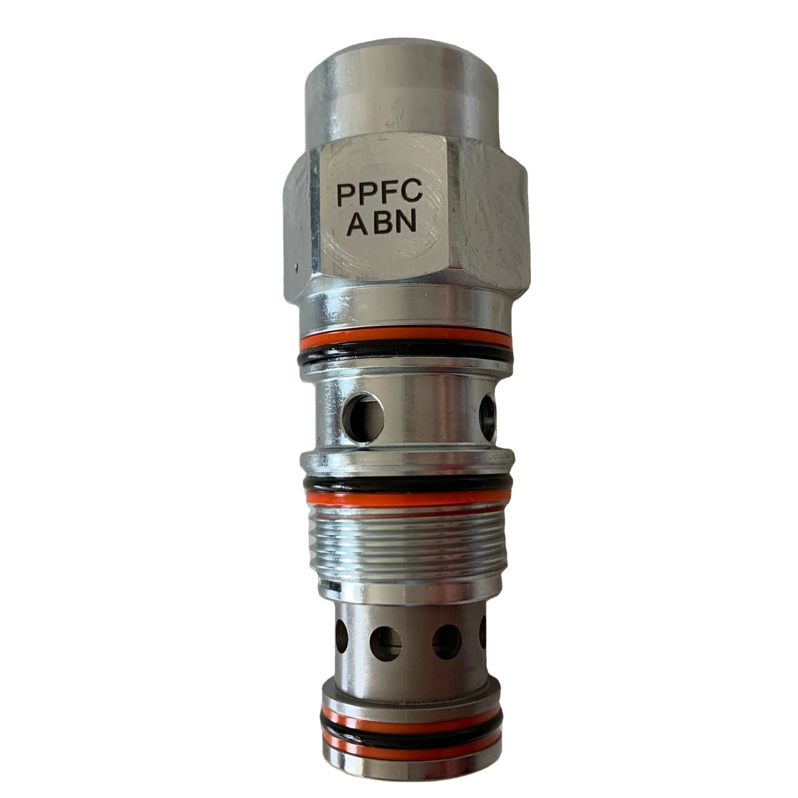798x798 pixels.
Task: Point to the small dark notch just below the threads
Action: (x=332, y=587)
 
